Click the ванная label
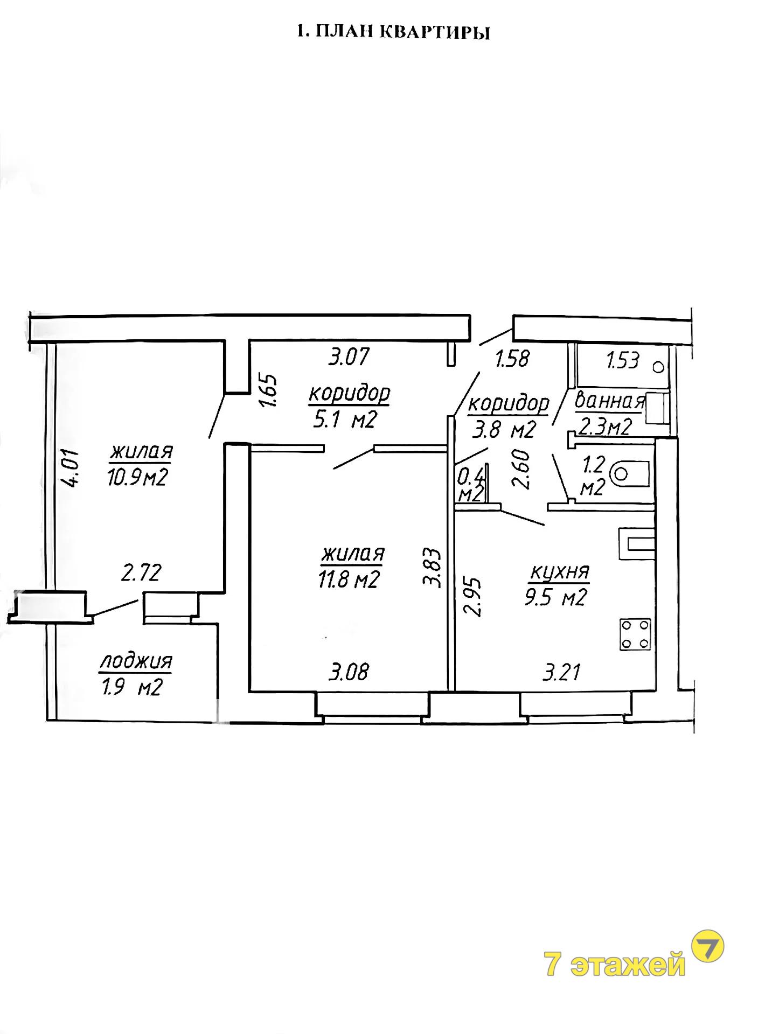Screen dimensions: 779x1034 pyautogui.click(x=610, y=401)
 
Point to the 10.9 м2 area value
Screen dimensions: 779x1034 pyautogui.click(x=138, y=477)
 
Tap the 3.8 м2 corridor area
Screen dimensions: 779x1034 pyautogui.click(x=505, y=429)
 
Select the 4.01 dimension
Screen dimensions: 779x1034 pyautogui.click(x=72, y=468)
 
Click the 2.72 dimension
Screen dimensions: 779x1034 pyautogui.click(x=141, y=572)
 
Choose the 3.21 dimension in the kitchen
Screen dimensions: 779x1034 pyautogui.click(x=562, y=672)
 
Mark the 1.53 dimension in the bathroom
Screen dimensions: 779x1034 pyautogui.click(x=623, y=360)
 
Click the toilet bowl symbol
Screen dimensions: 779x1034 pyautogui.click(x=631, y=473)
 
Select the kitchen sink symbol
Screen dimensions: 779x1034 pyautogui.click(x=637, y=544)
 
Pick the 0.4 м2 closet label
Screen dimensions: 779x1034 pyautogui.click(x=470, y=485)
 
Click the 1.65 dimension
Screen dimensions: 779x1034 pyautogui.click(x=272, y=390)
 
